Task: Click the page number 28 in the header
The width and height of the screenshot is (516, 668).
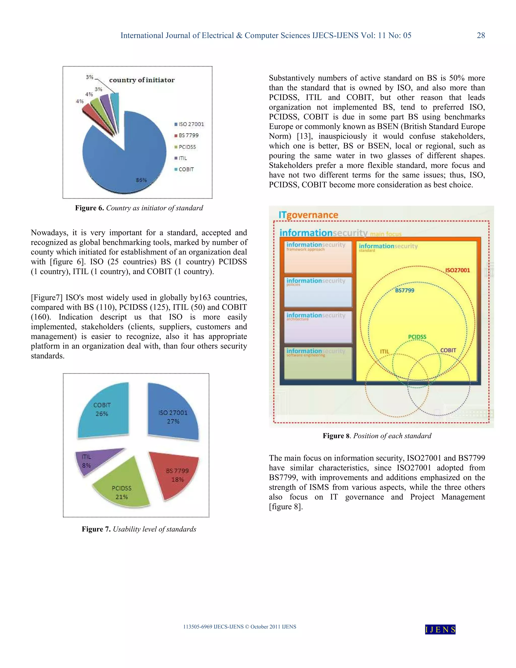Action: tap(480, 36)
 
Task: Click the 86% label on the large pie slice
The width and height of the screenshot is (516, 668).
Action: tap(141, 180)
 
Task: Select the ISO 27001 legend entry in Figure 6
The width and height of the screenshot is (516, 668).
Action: tap(189, 124)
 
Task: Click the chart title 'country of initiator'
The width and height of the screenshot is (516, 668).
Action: tap(142, 80)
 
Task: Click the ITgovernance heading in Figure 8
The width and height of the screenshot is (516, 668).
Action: tap(308, 215)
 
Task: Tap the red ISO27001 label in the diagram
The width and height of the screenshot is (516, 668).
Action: tap(457, 270)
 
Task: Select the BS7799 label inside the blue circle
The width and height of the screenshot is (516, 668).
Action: tap(404, 290)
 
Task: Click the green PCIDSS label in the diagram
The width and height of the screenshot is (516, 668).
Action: tap(417, 337)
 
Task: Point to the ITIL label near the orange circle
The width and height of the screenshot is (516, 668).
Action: tap(384, 351)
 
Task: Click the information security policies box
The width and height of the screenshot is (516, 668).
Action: tap(318, 292)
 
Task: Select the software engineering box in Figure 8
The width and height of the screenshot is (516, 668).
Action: tap(318, 363)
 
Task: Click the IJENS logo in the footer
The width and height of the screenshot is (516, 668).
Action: tap(440, 629)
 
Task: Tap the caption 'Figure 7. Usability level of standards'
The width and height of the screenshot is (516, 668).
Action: tap(139, 529)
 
